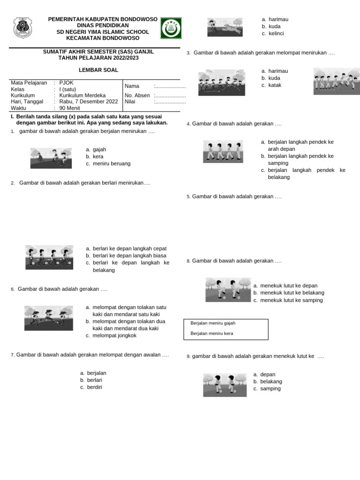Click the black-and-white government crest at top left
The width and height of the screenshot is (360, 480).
22,28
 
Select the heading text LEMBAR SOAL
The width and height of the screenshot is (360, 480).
98,70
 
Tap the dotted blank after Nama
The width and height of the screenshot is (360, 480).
170,86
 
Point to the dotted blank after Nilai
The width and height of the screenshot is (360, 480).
170,101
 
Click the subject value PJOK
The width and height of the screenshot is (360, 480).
67,82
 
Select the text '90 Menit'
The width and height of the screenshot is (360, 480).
70,108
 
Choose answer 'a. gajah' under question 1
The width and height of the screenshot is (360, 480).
96,150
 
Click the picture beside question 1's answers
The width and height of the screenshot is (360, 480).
51,158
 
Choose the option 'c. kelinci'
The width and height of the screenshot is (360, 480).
272,33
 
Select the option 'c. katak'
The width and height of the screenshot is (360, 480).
271,85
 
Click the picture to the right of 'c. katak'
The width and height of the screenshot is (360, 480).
337,81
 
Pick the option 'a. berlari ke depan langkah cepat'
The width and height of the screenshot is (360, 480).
126,248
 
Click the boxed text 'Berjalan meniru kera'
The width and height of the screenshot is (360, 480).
212,333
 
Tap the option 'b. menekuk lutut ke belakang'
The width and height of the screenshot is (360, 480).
288,293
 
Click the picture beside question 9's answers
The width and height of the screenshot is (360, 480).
225,385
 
